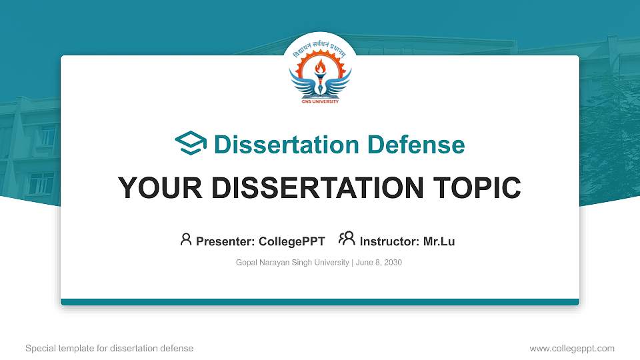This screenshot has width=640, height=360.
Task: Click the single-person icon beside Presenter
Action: [186, 239]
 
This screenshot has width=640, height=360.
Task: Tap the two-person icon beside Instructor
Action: [347, 239]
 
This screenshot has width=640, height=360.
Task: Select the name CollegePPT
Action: [291, 241]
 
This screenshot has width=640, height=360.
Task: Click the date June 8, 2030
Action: [379, 263]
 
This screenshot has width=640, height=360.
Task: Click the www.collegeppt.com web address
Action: [572, 348]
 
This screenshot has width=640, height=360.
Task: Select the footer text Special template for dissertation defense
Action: [109, 348]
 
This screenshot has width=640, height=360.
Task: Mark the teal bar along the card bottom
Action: [320, 302]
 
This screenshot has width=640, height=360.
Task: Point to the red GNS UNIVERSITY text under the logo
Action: [320, 101]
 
